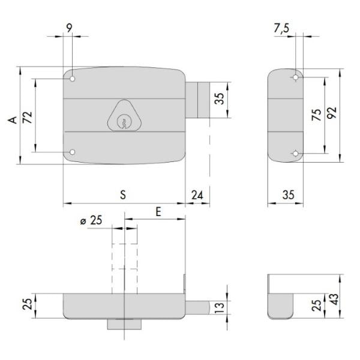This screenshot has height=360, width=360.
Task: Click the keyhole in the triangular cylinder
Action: [123, 122]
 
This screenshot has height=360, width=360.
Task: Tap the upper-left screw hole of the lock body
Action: [72, 79]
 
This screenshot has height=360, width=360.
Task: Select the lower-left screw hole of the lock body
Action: [72, 152]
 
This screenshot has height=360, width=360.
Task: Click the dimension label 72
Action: [28, 118]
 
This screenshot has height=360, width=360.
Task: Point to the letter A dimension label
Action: [13, 120]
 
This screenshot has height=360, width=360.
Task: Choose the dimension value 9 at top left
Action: [69, 28]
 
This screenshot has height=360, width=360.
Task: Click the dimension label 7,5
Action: [282, 28]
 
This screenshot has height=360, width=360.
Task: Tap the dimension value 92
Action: [331, 113]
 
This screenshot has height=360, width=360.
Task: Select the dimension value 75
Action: [316, 115]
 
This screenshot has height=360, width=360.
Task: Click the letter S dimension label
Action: [123, 194]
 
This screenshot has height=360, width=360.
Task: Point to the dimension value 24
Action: [197, 195]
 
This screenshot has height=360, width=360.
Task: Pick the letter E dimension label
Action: [158, 212]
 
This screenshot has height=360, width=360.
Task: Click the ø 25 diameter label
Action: [91, 220]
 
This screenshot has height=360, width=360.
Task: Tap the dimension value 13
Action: [219, 308]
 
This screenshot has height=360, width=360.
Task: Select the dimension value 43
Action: [335, 299]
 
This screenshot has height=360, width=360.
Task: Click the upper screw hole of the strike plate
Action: [296, 77]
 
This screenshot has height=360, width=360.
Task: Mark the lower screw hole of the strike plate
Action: [296, 154]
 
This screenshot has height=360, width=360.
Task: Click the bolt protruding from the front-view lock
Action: [197, 100]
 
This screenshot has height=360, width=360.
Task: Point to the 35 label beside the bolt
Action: [219, 99]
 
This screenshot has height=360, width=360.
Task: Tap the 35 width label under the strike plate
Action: [289, 195]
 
